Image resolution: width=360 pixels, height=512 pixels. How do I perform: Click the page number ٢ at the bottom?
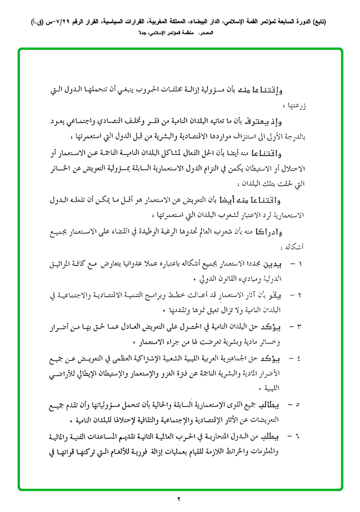180,498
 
